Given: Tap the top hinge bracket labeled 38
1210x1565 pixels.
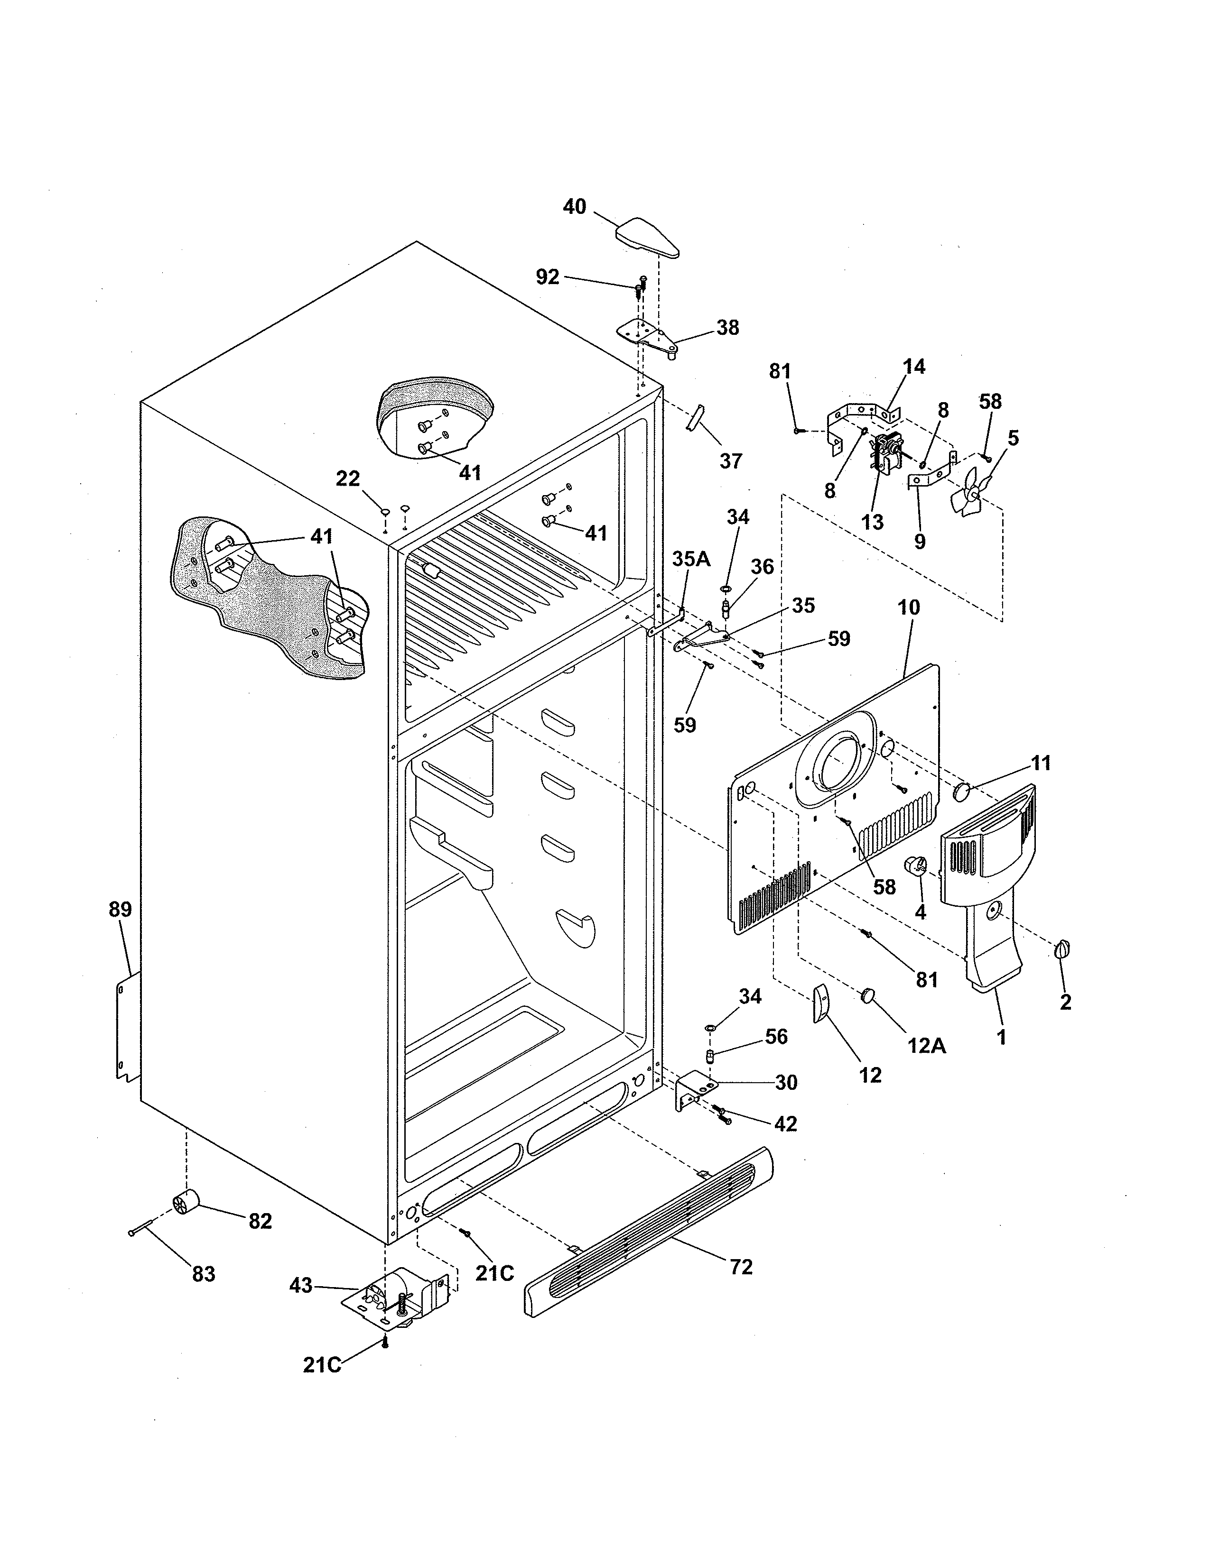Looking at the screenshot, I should (649, 337).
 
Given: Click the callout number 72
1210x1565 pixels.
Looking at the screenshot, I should (741, 1267).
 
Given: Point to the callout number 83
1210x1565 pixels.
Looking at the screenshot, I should (204, 1275).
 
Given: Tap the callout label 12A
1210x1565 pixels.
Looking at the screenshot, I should (926, 1046).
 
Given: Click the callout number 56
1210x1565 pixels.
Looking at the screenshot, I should (776, 1037).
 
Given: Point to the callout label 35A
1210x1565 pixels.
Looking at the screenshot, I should (691, 560).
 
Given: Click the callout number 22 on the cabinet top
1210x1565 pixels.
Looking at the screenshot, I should (348, 478).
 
